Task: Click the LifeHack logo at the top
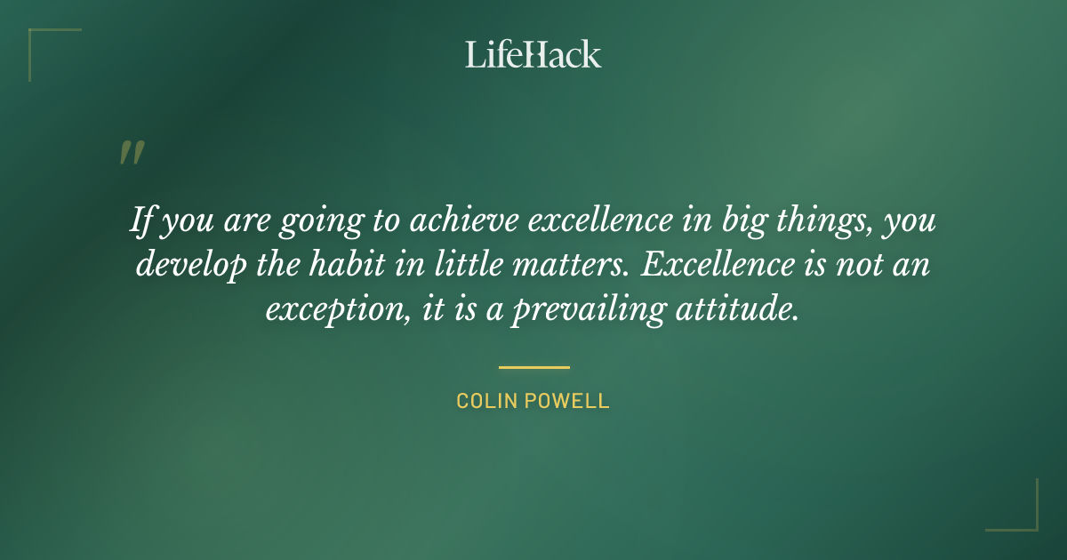click(x=533, y=54)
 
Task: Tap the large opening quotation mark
click(x=131, y=154)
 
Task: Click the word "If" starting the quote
click(x=140, y=220)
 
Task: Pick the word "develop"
click(x=190, y=266)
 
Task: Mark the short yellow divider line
click(x=533, y=366)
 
